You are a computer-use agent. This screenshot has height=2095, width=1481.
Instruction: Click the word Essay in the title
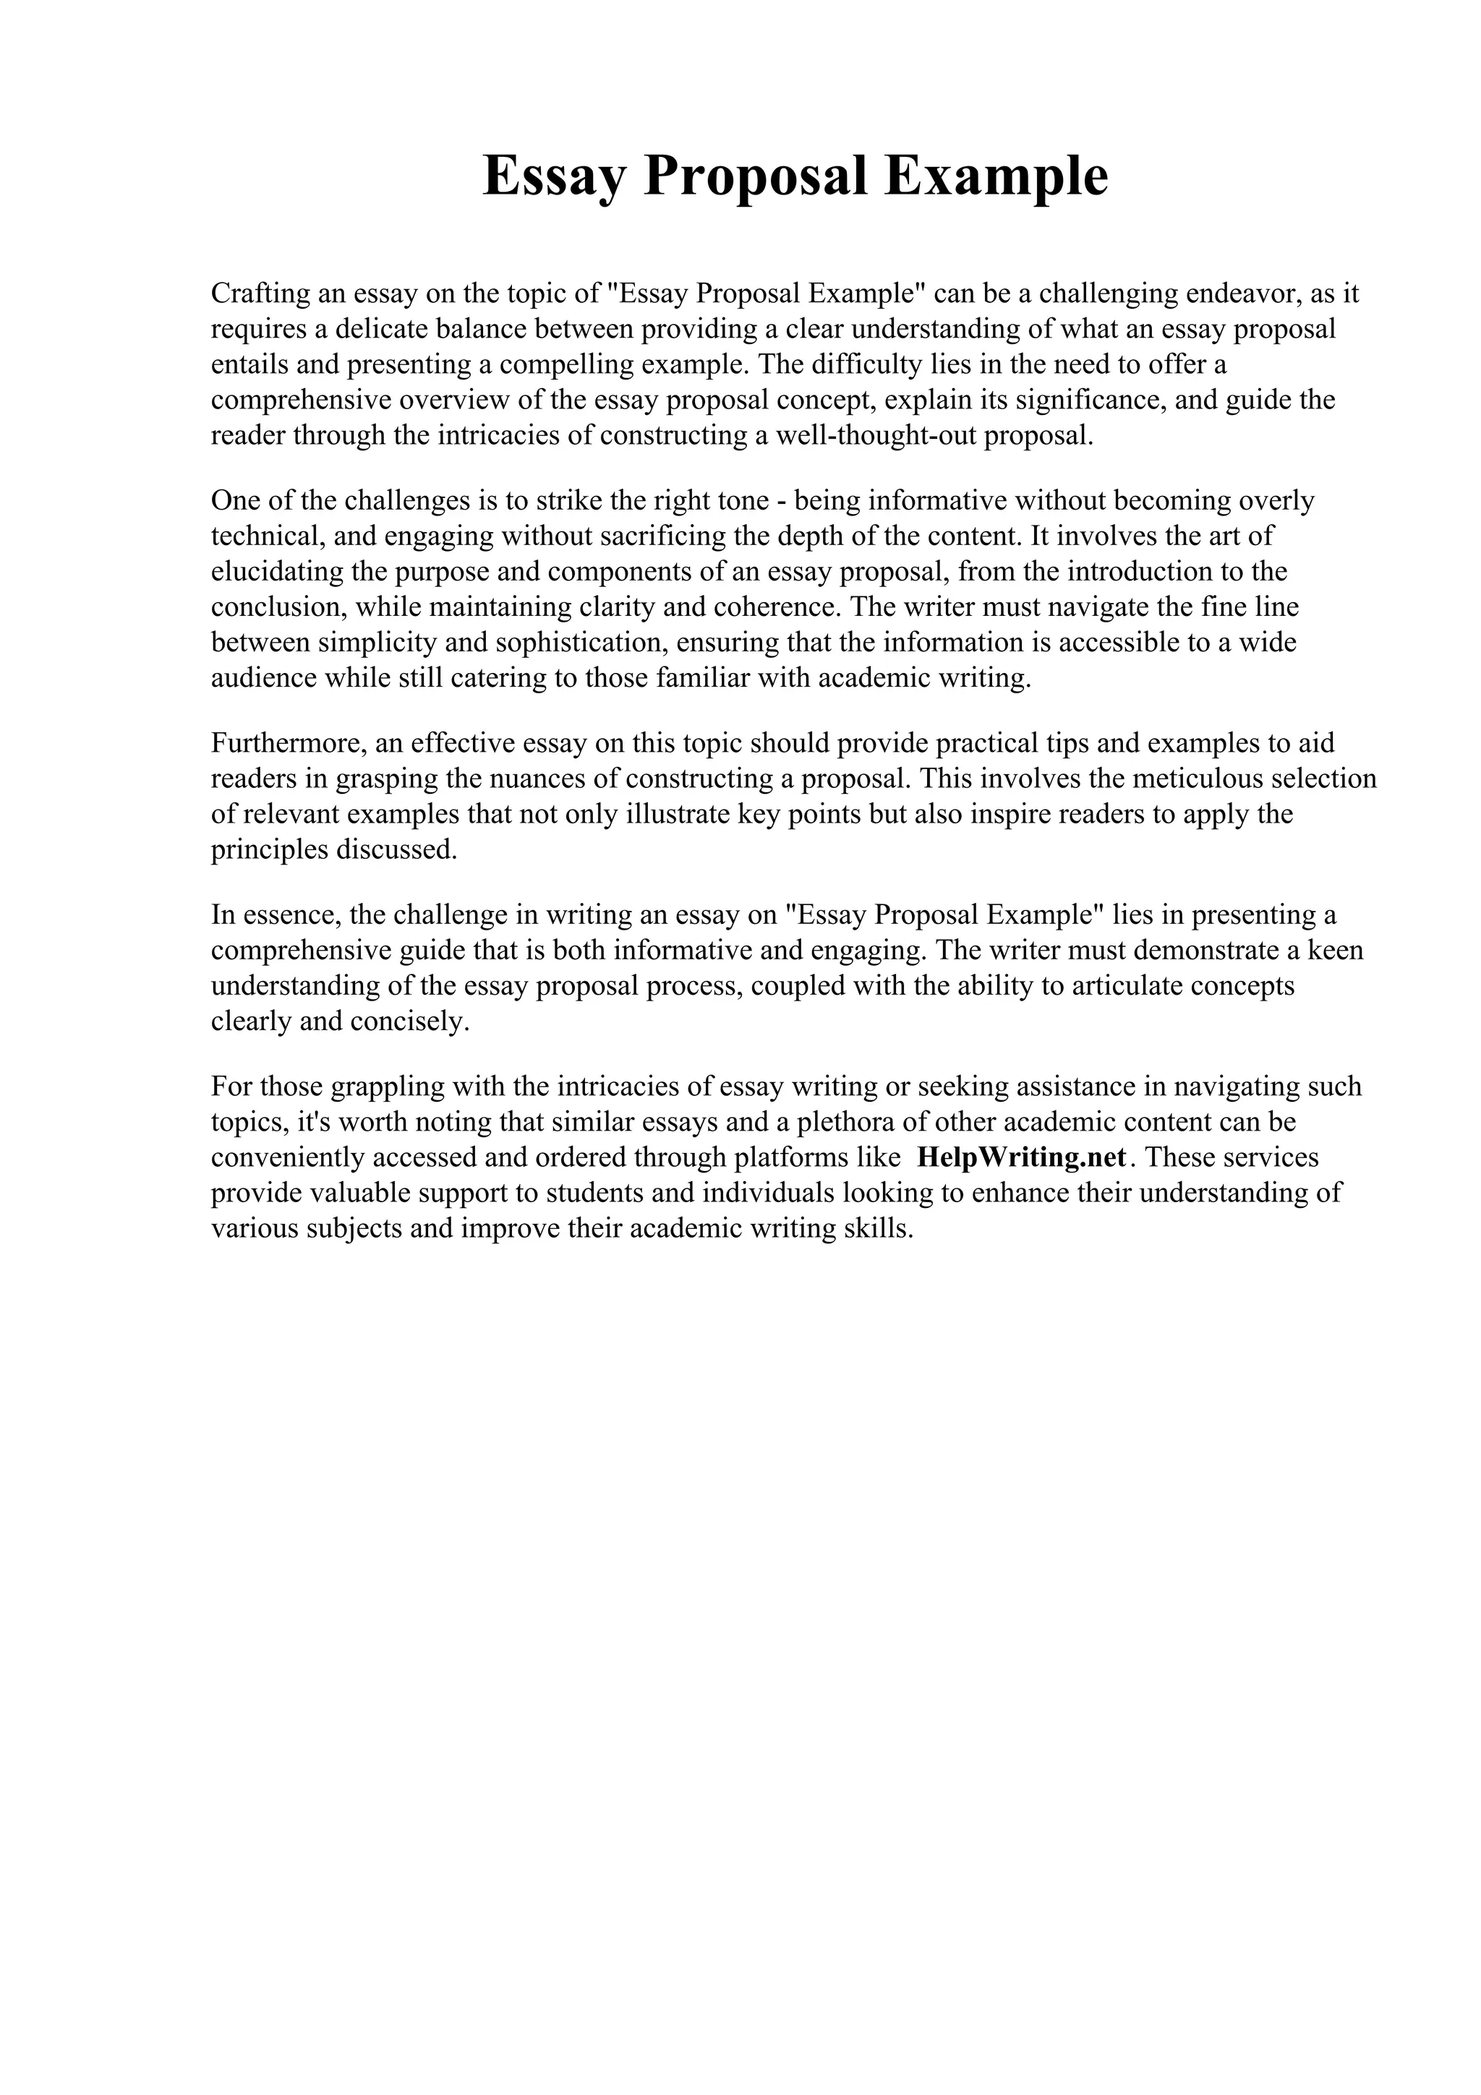pos(554,176)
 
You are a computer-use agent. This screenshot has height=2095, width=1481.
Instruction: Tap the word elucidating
pos(281,572)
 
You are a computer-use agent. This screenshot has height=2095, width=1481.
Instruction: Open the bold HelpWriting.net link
pos(1021,1158)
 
